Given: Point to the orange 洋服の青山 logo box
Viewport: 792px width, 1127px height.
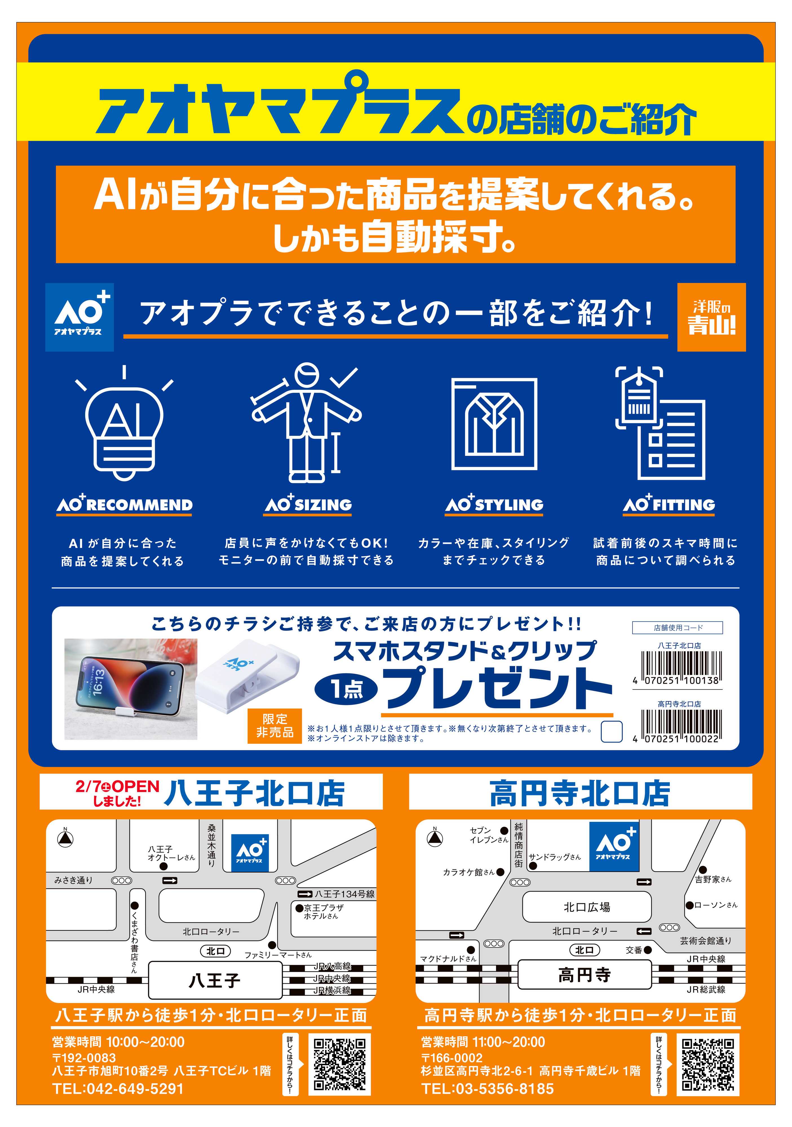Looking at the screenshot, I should pos(711,317).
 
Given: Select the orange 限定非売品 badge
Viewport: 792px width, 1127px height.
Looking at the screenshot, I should pos(275,726).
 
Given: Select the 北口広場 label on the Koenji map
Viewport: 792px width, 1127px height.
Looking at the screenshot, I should pos(587,907).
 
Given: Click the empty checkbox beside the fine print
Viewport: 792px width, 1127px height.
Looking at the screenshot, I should pos(612,731).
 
